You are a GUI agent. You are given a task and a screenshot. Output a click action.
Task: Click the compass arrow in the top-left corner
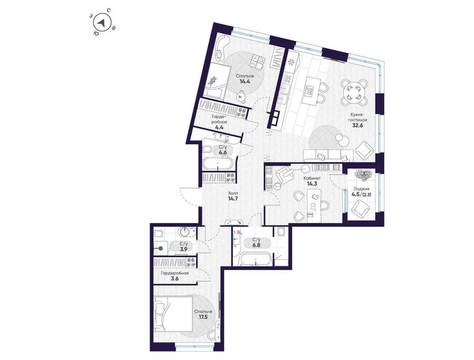point(101,23)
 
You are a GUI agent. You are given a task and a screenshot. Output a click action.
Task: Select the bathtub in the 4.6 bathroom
point(218,164)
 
